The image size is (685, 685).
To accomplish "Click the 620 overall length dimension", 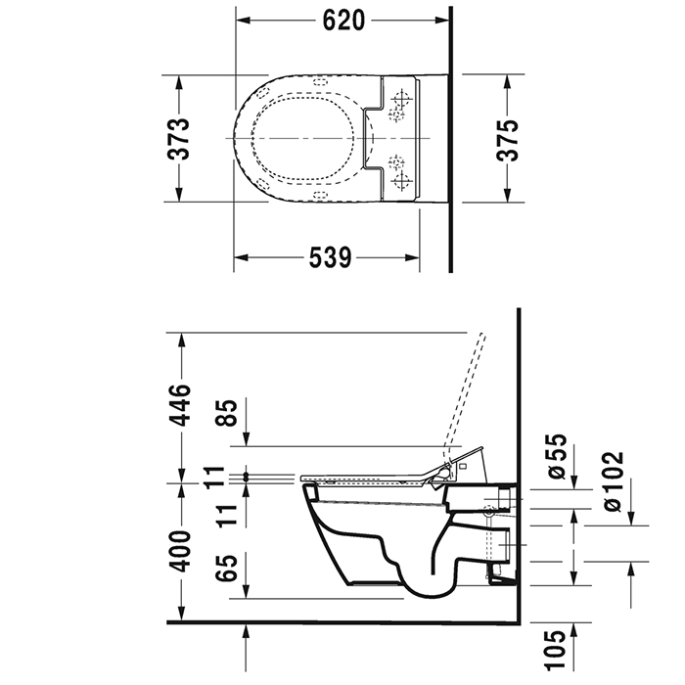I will [343, 20].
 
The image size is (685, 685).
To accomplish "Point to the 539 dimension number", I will [330, 257].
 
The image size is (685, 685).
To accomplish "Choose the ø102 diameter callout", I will [615, 479].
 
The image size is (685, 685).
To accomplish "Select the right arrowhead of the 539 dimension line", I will [420, 257].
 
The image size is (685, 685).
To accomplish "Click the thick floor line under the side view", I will [342, 621].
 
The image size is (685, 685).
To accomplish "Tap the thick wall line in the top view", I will [450, 137].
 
